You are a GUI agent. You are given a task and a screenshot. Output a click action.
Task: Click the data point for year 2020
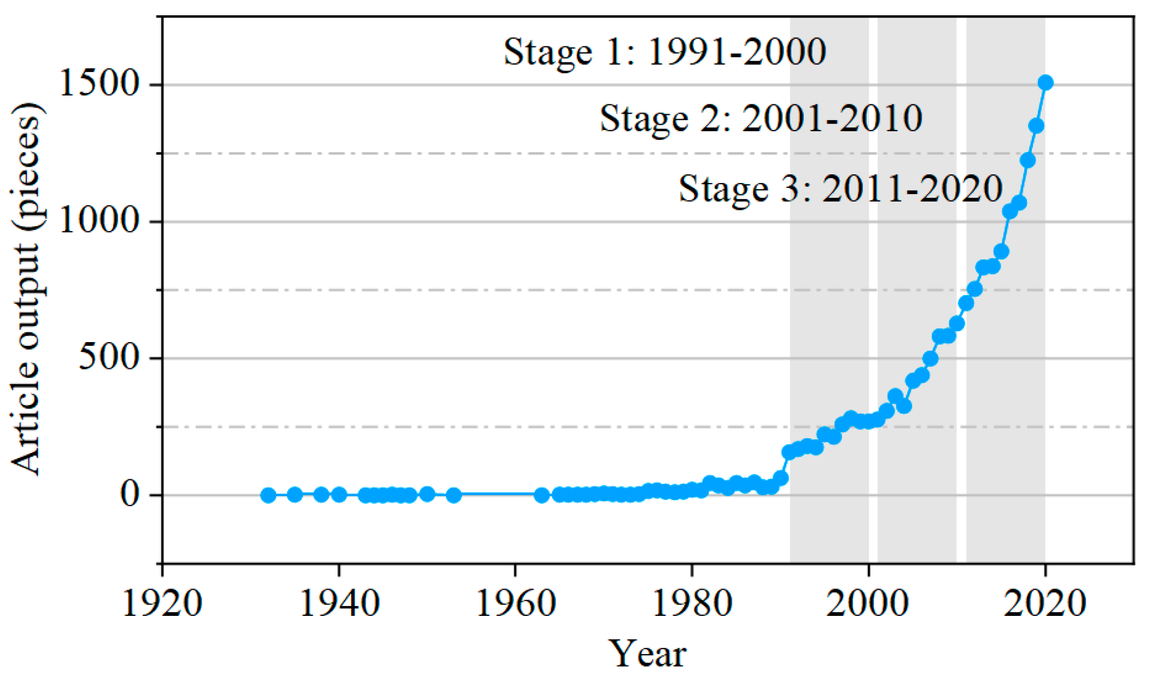point(1045,83)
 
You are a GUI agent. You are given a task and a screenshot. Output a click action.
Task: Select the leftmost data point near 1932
point(268,495)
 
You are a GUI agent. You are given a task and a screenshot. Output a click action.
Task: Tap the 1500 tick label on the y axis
point(97,85)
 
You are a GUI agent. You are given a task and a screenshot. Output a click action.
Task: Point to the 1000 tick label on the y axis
point(97,221)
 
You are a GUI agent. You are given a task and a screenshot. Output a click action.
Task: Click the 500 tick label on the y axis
point(107,358)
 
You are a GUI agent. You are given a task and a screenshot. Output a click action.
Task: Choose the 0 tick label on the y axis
point(130,495)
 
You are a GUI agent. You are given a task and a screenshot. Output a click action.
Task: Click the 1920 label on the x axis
point(162,604)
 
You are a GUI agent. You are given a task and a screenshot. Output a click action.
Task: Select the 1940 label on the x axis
point(339,604)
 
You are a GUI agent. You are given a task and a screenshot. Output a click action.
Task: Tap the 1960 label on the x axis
point(516,604)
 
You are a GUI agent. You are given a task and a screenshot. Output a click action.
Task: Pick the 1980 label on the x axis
point(692,604)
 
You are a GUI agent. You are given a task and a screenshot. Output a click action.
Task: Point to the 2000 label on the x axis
point(868,604)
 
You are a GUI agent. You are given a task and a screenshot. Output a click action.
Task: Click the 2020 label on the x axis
point(1045,604)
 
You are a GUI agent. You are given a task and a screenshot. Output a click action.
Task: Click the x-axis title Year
point(647,654)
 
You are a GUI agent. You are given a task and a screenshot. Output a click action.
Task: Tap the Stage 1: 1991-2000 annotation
point(664,52)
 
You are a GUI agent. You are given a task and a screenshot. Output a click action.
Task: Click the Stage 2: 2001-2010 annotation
point(761,119)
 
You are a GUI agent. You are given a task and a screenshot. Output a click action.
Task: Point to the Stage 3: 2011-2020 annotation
point(840,189)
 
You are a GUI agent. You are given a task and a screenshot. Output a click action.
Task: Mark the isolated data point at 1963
point(541,495)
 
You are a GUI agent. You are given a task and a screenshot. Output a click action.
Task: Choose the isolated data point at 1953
point(453,495)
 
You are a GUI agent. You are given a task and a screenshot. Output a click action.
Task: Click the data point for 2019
point(1036,126)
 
